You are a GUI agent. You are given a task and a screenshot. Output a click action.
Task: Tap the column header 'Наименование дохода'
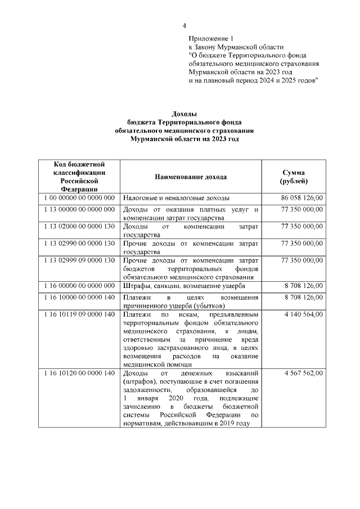191,177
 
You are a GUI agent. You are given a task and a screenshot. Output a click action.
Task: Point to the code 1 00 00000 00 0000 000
79,198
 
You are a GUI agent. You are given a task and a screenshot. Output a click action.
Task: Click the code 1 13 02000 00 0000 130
79,226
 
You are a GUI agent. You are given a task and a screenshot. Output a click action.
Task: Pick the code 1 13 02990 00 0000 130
79,244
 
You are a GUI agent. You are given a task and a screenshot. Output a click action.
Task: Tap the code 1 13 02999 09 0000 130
79,261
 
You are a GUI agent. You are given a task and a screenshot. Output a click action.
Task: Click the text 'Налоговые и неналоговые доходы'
176,198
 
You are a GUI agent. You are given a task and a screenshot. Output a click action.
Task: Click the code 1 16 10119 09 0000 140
79,314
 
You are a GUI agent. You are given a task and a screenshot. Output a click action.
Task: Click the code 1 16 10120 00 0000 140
79,373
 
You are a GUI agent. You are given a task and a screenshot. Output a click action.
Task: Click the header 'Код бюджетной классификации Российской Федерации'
79,177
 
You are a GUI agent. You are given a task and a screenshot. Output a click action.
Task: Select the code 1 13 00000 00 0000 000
79,209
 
